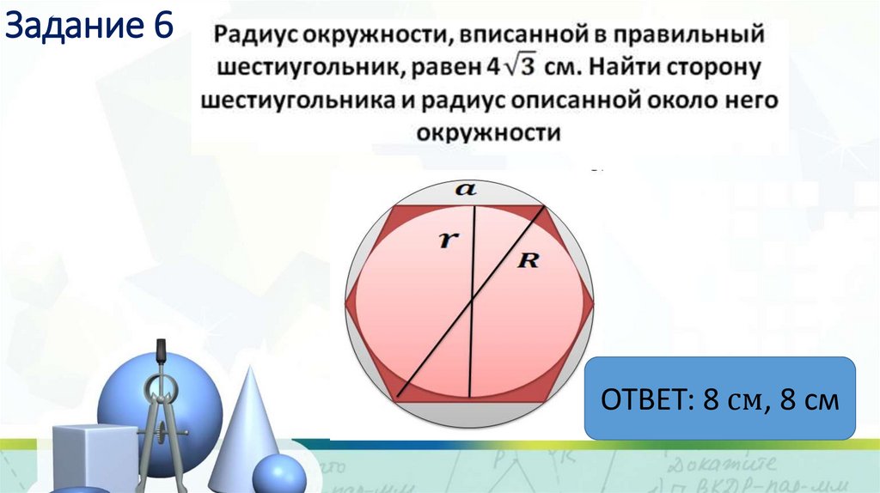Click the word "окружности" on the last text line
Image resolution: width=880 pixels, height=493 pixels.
tap(489, 133)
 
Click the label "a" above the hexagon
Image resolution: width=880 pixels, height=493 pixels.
tap(466, 191)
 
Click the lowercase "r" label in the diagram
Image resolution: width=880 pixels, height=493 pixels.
tap(445, 241)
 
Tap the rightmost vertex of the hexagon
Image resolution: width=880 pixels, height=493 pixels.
tap(595, 302)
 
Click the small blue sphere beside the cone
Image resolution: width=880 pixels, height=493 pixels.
tap(278, 474)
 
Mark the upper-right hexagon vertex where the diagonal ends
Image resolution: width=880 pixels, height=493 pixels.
tap(544, 206)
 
